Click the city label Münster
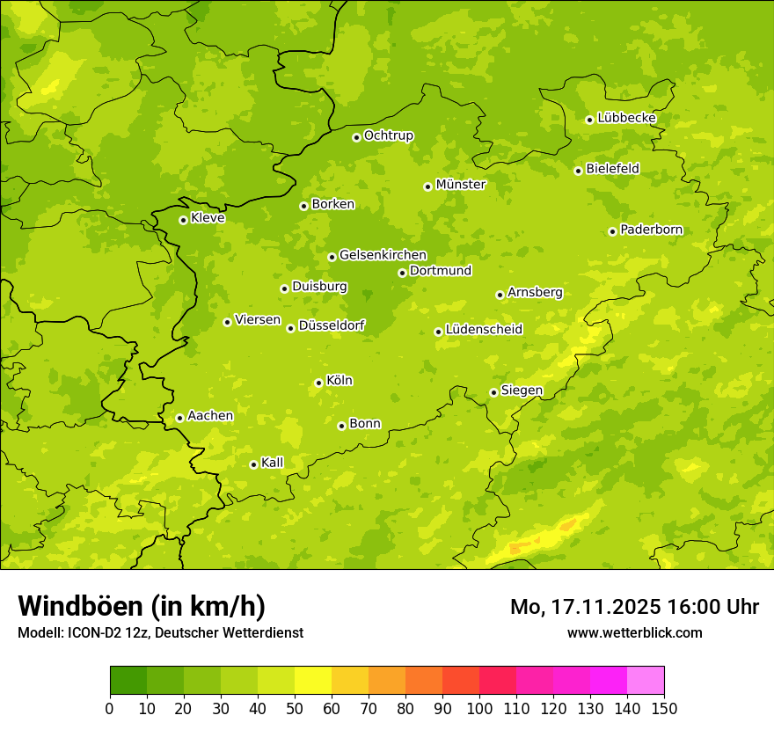point(460,185)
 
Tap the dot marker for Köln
point(318,383)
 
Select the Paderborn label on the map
point(651,230)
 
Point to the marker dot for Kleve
point(183,220)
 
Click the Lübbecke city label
point(626,118)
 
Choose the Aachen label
point(210,416)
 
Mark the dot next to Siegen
point(493,392)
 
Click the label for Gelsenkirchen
point(383,255)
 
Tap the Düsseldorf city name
point(331,325)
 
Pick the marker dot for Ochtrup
point(356,137)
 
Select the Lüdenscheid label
point(484,330)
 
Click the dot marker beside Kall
point(253,464)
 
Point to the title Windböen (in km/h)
point(142,606)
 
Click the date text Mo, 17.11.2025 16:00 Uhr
point(634,607)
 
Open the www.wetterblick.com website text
point(634,633)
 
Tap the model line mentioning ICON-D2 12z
point(160,633)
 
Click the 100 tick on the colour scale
point(479,708)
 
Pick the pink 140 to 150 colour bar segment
point(646,681)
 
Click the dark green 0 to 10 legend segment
point(128,681)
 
